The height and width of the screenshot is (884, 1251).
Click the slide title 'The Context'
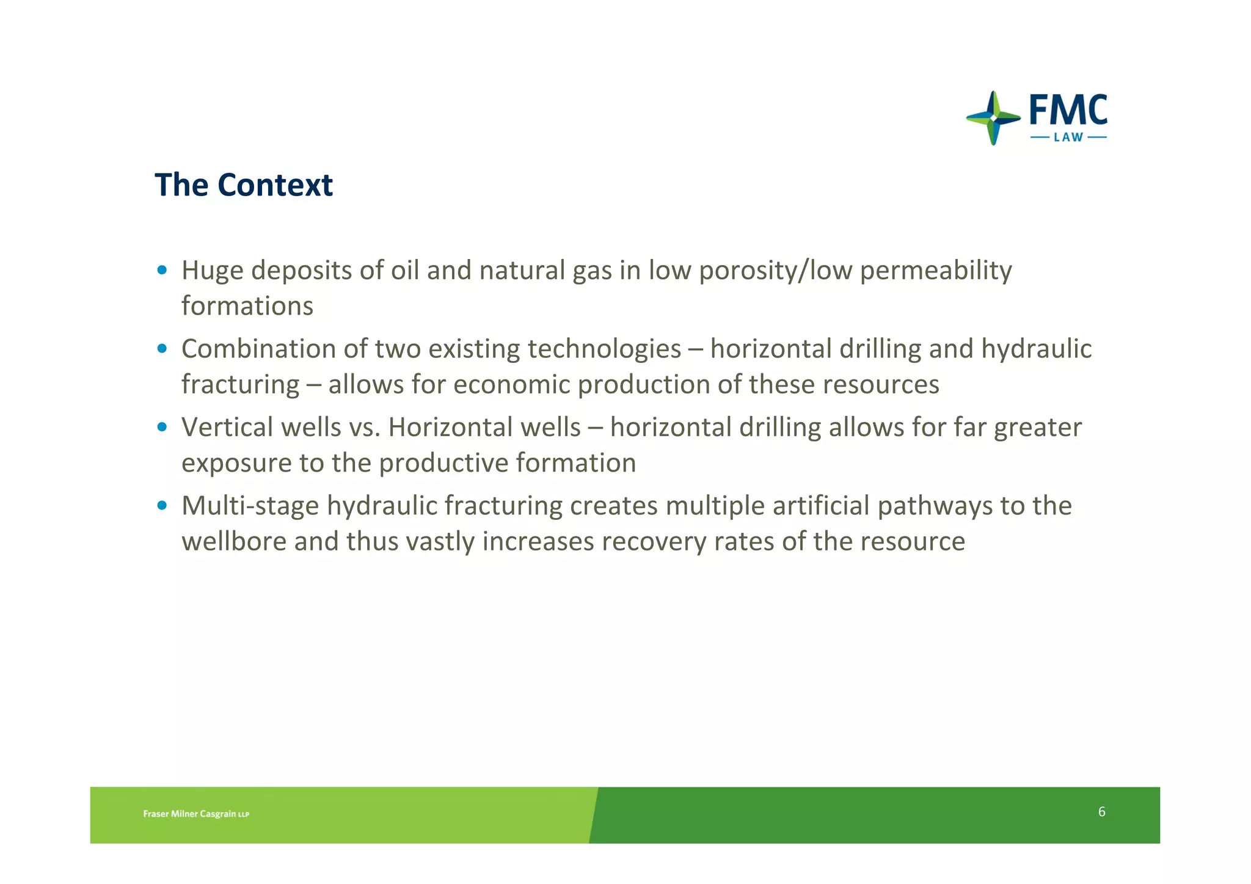[x=243, y=185]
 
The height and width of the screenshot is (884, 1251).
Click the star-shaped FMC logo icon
[x=993, y=118]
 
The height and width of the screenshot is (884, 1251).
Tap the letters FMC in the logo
[x=1068, y=111]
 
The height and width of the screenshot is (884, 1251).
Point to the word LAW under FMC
[x=1068, y=137]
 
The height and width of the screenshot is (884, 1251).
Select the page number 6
[x=1101, y=812]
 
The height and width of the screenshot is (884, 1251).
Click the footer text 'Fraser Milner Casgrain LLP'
[x=196, y=814]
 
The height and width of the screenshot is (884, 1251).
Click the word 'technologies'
[x=604, y=349]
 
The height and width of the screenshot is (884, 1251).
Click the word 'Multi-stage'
[x=250, y=506]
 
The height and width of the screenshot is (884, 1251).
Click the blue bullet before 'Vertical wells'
[x=162, y=427]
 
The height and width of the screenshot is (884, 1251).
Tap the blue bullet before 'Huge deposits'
[x=162, y=270]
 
